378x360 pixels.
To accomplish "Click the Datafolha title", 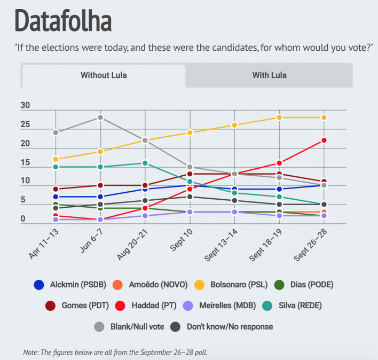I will pos(63,21).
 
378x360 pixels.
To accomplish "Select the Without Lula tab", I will pos(104,75).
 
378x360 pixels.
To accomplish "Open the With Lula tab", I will pos(269,75).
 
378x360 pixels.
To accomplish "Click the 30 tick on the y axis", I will pos(25,106).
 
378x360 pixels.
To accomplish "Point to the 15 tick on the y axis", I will pos(25,163).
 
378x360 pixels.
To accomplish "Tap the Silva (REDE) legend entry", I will pos(288,306).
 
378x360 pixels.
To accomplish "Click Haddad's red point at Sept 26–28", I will pos(324,140).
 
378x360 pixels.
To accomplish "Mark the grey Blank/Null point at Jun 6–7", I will pos(100,118).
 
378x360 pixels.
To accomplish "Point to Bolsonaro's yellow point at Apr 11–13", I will pos(56,159).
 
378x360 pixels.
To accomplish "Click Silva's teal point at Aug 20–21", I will pos(145,163).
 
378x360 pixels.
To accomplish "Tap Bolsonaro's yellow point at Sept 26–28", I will pos(324,118).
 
